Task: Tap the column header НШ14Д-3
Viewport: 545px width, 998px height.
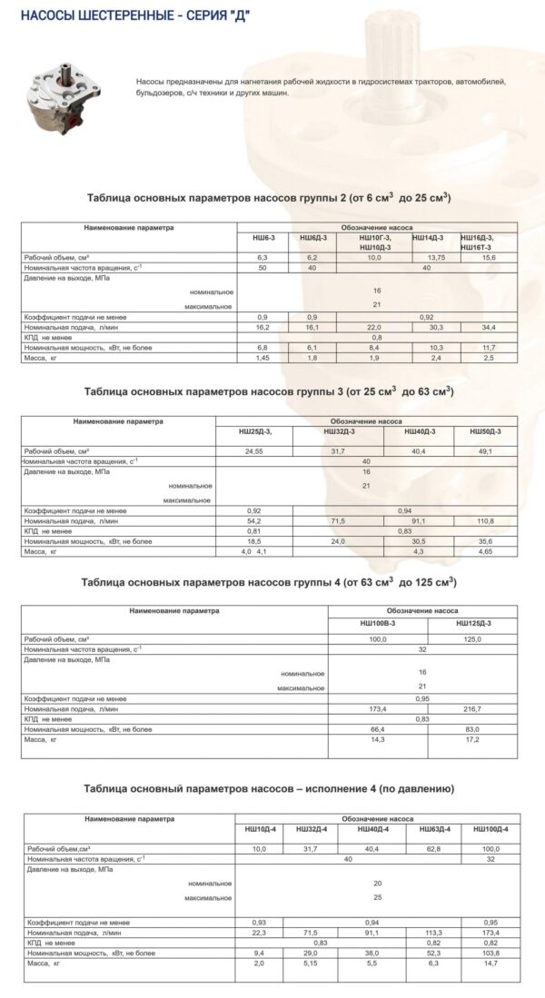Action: (428, 238)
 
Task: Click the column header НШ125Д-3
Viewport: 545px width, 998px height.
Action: (472, 623)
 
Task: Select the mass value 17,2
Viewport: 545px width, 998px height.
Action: (472, 740)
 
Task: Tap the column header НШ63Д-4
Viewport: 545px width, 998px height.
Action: (432, 829)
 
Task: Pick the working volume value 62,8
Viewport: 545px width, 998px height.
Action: (432, 848)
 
